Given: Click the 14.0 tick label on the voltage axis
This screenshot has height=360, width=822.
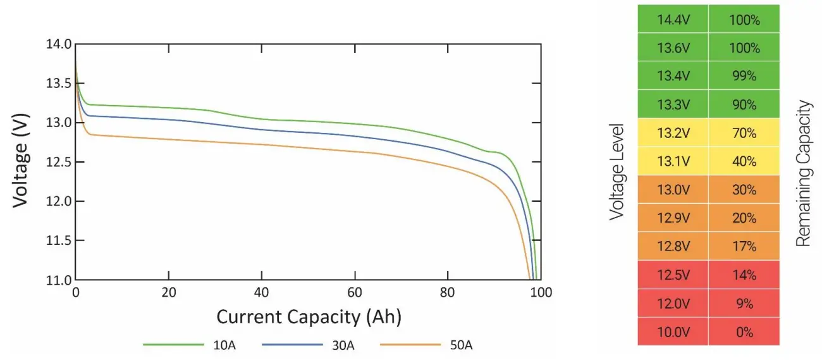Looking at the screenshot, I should (58, 44).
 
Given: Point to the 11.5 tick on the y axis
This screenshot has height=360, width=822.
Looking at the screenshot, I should (58, 240).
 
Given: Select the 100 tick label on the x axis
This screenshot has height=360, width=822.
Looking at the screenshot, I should (541, 293).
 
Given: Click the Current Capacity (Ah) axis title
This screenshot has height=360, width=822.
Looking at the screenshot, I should (309, 316).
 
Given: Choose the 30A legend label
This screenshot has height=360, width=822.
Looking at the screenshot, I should (343, 345).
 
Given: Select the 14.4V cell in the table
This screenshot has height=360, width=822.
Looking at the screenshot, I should (673, 20).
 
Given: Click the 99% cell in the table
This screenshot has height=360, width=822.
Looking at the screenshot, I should (744, 76).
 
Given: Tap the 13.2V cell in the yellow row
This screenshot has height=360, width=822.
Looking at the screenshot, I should (673, 133).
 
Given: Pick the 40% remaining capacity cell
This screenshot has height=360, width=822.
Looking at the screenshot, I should (744, 161).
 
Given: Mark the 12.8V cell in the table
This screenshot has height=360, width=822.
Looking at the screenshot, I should (673, 246).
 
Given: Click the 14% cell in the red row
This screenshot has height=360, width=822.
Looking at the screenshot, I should (744, 275).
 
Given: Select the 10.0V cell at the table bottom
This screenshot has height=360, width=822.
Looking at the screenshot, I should (673, 332).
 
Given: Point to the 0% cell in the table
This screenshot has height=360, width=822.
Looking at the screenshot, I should (744, 332).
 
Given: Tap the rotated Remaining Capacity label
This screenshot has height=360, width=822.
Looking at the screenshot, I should (803, 172).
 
